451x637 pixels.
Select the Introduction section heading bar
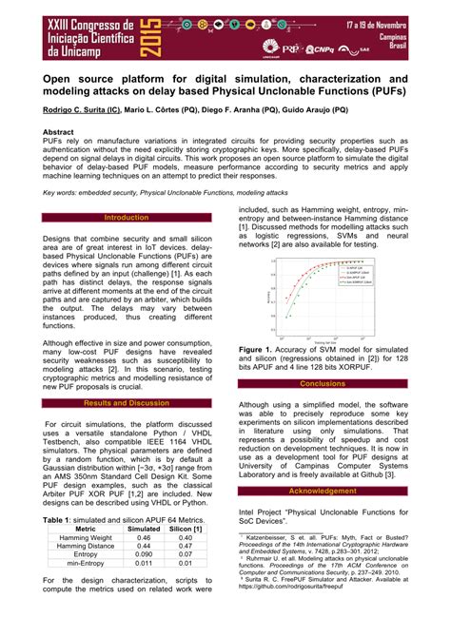(126, 218)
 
